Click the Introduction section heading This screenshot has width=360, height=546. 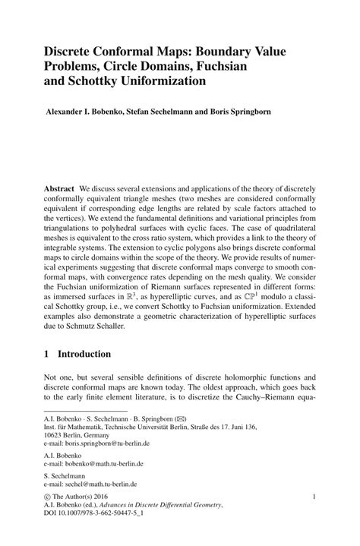tap(82, 354)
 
